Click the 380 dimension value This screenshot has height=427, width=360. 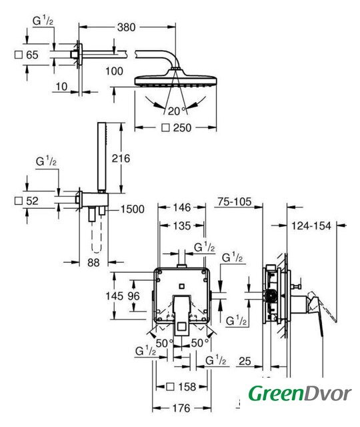click(126, 27)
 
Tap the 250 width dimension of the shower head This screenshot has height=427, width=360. click(182, 127)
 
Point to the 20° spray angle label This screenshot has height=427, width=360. click(177, 111)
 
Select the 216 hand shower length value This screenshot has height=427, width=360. click(121, 158)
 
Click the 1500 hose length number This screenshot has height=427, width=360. click(132, 209)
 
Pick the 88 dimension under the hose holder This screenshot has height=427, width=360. click(93, 262)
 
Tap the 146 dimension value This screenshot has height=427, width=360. click(182, 207)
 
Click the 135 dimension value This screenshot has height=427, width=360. click(182, 226)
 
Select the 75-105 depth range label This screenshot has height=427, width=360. click(235, 201)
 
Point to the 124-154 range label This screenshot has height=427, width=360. click(311, 226)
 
